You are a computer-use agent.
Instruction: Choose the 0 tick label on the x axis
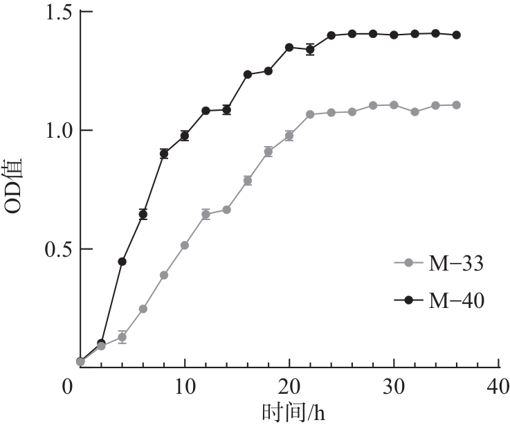pyautogui.click(x=68, y=384)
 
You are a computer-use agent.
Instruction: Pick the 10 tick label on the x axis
pyautogui.click(x=185, y=384)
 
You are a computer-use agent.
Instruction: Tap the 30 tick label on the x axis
pyautogui.click(x=394, y=384)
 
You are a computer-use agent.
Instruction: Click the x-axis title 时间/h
pyautogui.click(x=293, y=415)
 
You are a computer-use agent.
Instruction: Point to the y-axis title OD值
pyautogui.click(x=17, y=188)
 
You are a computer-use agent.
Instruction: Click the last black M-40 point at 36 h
pyautogui.click(x=456, y=35)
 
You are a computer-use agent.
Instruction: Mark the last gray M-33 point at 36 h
pyautogui.click(x=456, y=105)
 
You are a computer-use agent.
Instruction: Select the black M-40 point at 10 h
pyautogui.click(x=185, y=136)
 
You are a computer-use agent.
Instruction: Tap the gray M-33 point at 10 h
pyautogui.click(x=185, y=245)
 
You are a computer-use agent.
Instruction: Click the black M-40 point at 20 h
pyautogui.click(x=289, y=47)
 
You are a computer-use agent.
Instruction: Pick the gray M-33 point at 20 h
pyautogui.click(x=289, y=136)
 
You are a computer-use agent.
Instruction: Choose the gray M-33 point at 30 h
pyautogui.click(x=394, y=105)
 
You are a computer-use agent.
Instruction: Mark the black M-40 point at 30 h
pyautogui.click(x=394, y=35)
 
